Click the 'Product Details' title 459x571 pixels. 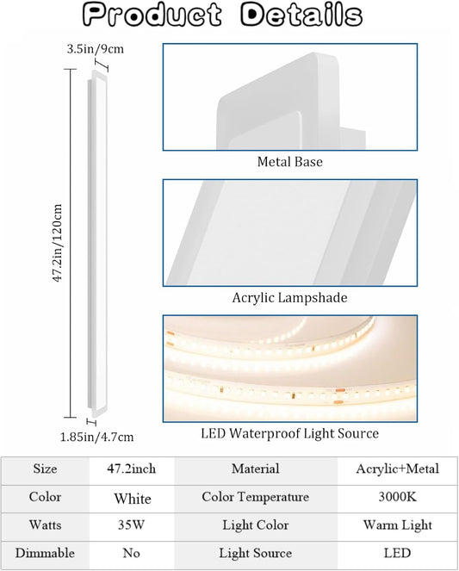coord(222,15)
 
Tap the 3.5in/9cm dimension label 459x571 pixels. coord(96,49)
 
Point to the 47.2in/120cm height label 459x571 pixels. coord(58,243)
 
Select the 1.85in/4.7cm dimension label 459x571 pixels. coord(96,437)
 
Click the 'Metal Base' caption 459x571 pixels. coord(289,162)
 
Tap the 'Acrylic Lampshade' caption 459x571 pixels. coord(289,298)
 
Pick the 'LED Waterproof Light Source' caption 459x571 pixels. coord(289,433)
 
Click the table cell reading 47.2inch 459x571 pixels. coord(132,469)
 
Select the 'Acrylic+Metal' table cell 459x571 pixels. coord(398,469)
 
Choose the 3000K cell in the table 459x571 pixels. coord(398,497)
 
